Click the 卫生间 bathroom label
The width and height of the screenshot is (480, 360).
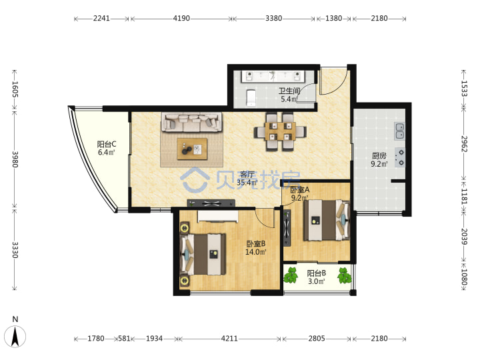289,91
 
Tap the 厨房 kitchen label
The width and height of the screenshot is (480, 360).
379,156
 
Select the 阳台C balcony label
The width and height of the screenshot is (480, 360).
106,144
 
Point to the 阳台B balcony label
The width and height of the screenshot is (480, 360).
316,273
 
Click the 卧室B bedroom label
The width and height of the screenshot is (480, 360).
255,244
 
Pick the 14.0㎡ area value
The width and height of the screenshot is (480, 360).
255,252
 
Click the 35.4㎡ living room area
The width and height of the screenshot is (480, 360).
247,183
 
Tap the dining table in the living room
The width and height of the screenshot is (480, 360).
280,131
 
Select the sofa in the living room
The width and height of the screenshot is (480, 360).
192,122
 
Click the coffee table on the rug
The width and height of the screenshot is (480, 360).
192,149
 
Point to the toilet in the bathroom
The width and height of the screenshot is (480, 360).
251,97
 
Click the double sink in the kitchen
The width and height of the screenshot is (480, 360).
399,131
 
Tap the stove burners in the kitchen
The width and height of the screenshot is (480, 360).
399,157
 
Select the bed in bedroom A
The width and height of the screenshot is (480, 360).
326,220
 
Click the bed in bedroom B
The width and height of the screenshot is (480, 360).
203,255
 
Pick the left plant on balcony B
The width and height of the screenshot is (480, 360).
291,275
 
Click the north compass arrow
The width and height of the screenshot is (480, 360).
15,337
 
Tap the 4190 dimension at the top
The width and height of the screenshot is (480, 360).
181,19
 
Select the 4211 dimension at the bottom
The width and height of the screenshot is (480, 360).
229,339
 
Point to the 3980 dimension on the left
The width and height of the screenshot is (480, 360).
15,159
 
